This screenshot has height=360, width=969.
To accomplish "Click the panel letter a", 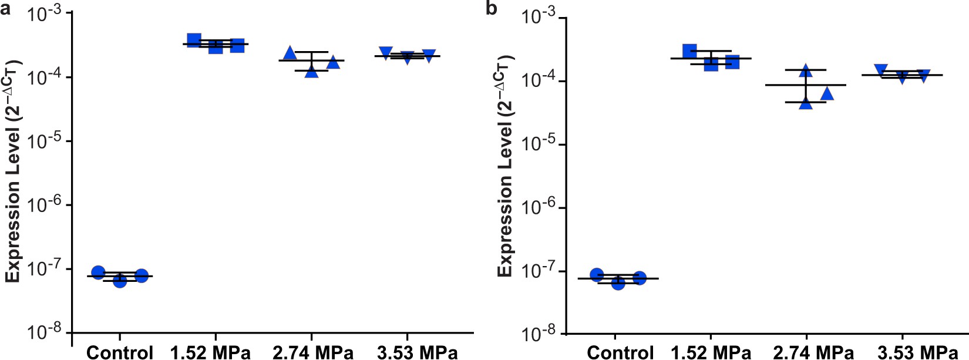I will tap(6, 9).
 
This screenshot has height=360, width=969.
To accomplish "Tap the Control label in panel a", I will tap(120, 352).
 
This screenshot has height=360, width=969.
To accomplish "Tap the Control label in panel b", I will tap(620, 352).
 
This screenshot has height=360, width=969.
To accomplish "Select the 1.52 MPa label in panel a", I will tap(210, 352).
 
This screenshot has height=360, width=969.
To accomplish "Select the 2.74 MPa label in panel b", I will tap(813, 352).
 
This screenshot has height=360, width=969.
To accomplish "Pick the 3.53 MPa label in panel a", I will tap(417, 352).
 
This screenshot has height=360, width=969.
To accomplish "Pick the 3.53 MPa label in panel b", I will tap(917, 352).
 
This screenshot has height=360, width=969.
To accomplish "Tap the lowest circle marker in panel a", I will tap(120, 281).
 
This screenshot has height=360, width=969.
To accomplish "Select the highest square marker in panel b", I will tap(689, 51).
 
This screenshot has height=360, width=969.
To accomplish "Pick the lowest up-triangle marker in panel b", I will tap(806, 104).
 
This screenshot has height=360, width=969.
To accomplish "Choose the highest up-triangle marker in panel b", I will tap(806, 71).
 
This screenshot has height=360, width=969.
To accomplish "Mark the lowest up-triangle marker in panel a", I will tap(312, 72).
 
